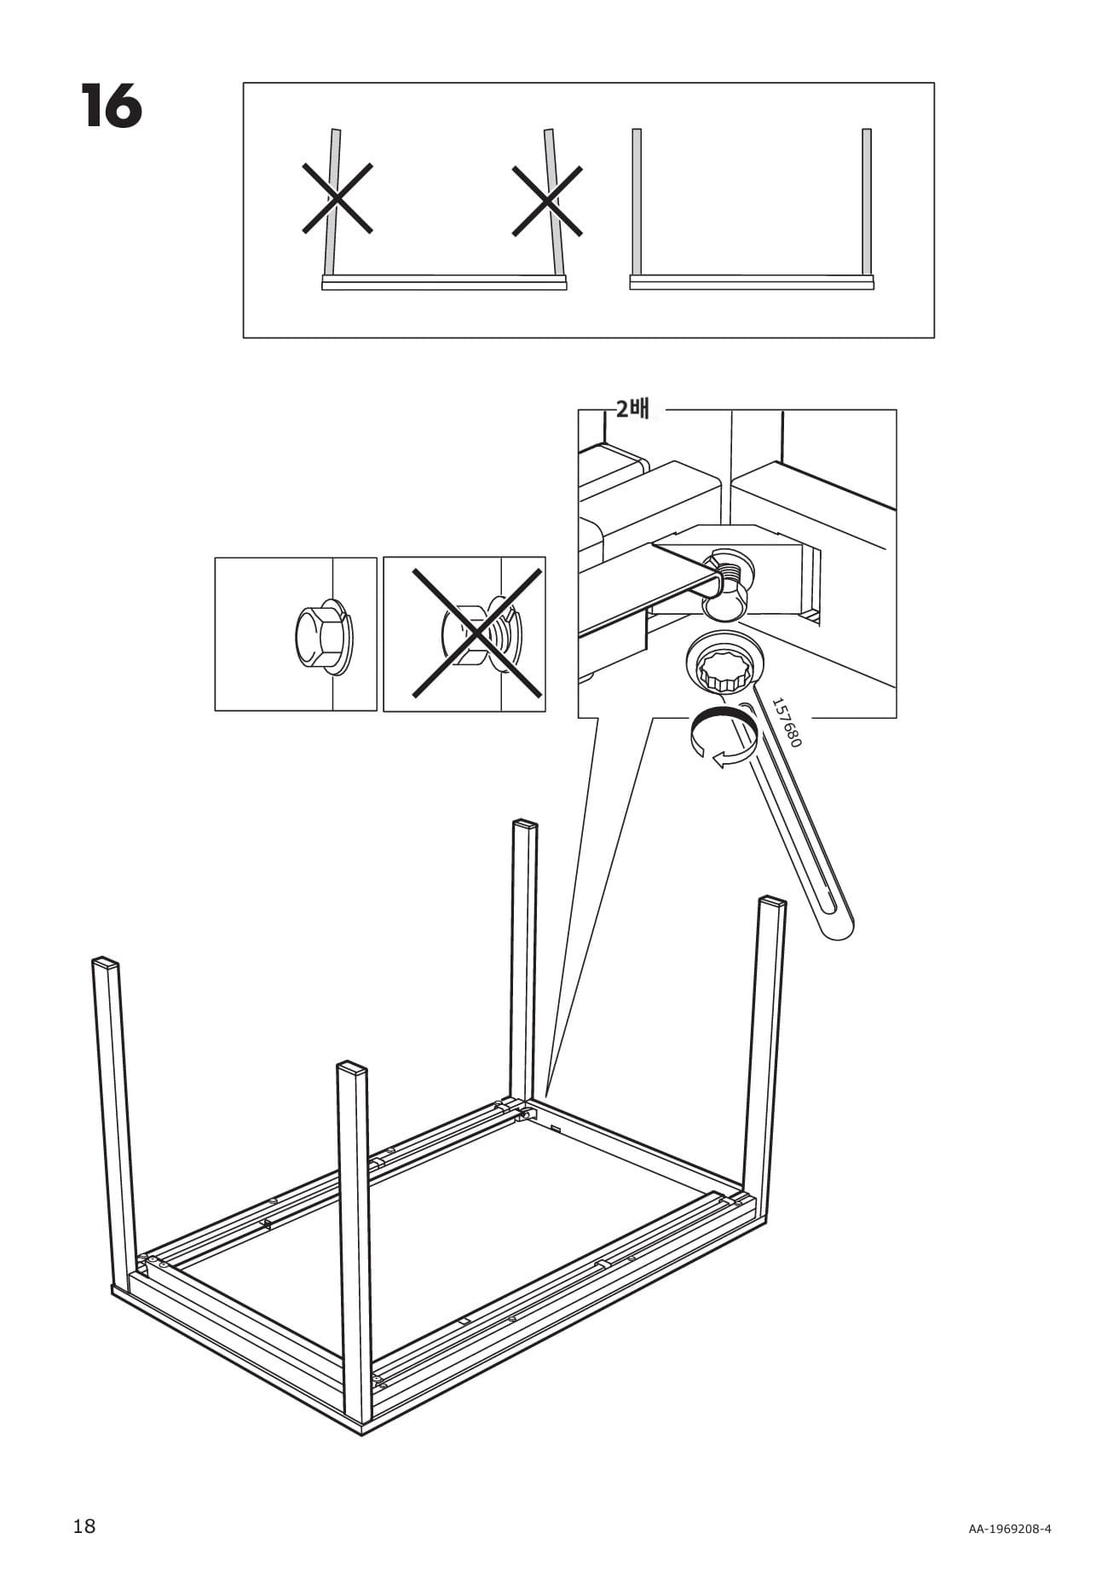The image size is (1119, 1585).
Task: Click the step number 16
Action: point(112,107)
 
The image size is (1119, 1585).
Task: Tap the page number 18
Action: point(84,1526)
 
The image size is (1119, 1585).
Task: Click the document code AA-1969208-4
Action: point(1009,1529)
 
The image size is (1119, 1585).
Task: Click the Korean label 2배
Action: point(632,409)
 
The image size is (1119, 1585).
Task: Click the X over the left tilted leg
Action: point(337,199)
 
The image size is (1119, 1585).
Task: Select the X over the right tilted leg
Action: point(547,200)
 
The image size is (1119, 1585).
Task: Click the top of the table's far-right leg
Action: point(772,902)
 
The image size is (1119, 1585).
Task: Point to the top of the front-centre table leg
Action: point(351,1068)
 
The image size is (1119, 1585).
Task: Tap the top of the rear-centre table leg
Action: point(525,824)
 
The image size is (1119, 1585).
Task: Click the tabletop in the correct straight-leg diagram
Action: point(752,282)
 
